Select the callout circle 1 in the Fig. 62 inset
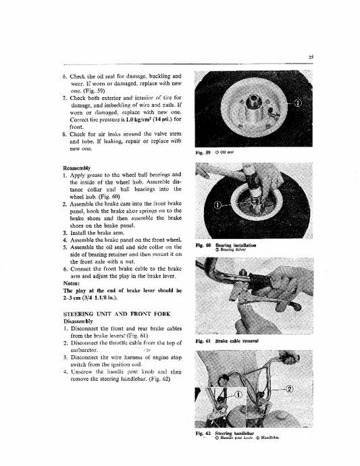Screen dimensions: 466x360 (239, 394)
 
